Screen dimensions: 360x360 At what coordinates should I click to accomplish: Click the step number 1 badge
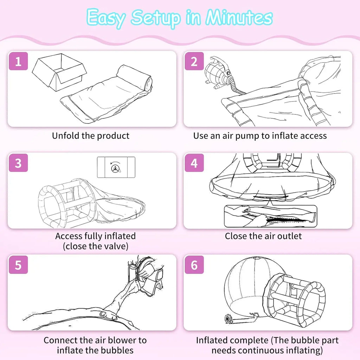(18, 61)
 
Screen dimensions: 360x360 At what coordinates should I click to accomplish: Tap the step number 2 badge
(194, 61)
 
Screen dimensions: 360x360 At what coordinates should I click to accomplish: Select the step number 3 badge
(18, 163)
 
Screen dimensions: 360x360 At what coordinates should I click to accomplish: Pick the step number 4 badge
(194, 163)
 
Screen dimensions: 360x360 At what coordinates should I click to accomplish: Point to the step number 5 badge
(18, 264)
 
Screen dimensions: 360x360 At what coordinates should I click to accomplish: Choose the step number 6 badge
(194, 264)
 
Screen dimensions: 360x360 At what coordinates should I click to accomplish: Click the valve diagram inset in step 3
(116, 167)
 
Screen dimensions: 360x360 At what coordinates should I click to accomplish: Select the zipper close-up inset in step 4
(270, 216)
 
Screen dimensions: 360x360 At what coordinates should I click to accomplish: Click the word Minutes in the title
(239, 18)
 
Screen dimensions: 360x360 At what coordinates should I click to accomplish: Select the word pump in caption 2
(247, 136)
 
